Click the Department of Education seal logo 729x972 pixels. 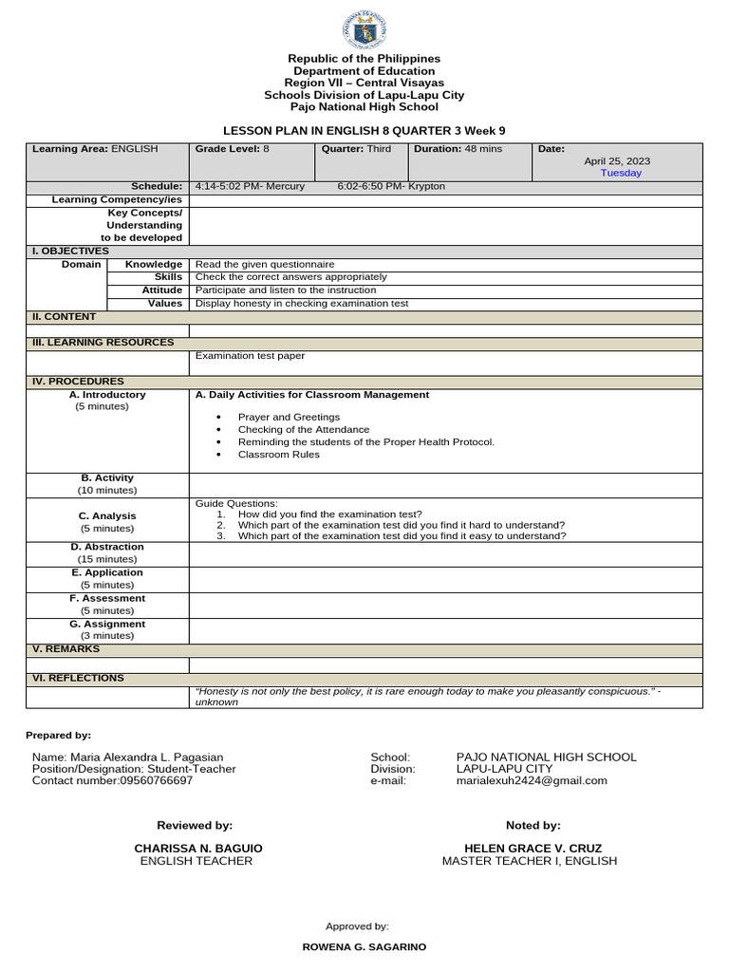coord(364,28)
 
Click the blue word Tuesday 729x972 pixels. coord(621,173)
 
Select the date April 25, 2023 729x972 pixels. coord(617,161)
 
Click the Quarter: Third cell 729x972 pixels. coord(357,149)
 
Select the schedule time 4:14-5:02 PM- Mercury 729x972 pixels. coord(250,186)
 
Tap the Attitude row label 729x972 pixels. coord(161,290)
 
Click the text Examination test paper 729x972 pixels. coord(250,356)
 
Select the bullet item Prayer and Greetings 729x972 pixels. coord(289,417)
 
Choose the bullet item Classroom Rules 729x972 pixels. coord(279,455)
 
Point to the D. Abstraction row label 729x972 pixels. coord(107,547)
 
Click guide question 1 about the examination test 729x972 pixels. coord(329,514)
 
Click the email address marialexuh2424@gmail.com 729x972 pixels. coord(532,780)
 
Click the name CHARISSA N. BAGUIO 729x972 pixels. coord(198,848)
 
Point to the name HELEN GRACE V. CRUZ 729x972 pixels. coord(533,848)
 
